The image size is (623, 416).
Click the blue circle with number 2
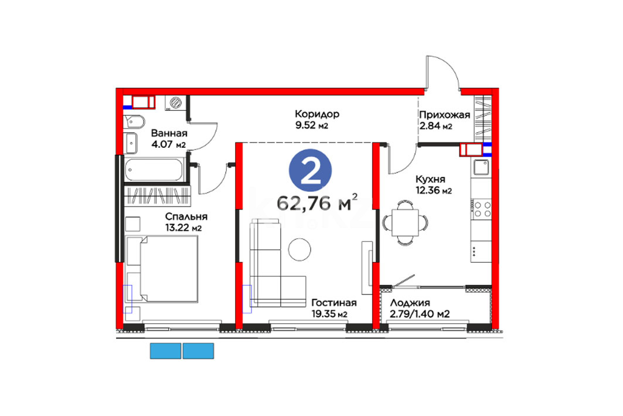[310, 170]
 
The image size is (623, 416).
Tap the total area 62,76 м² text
[317, 202]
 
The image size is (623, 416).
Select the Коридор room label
[317, 114]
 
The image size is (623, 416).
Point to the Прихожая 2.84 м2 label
[445, 120]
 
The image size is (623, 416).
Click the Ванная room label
[169, 133]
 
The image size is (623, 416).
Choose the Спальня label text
[186, 217]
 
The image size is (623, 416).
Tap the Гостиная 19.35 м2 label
[333, 308]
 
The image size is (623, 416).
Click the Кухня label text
[430, 179]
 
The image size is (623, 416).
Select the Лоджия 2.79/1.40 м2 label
[420, 309]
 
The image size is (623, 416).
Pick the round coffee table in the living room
[299, 249]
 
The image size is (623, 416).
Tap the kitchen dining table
[405, 222]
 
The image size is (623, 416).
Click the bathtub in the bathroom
[154, 170]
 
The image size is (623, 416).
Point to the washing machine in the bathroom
[175, 103]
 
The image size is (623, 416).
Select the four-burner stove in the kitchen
[482, 209]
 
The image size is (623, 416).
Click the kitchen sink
[481, 167]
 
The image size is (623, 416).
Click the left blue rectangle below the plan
[166, 351]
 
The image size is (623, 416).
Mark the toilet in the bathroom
[134, 121]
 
